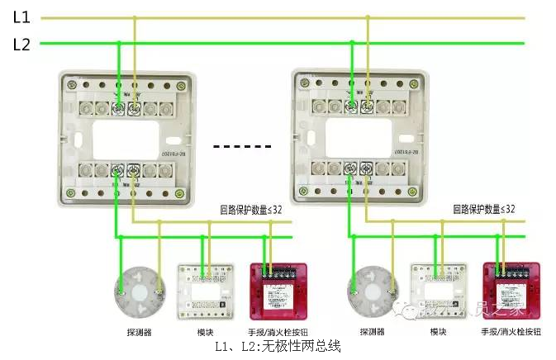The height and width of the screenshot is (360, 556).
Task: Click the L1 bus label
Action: tap(21, 17)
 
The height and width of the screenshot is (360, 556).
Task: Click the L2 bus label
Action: tap(21, 45)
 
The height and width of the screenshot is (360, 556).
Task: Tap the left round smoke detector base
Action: tap(136, 293)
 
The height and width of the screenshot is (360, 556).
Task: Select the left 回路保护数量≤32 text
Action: tap(250, 211)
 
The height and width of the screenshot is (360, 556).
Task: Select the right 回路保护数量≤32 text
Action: tap(484, 211)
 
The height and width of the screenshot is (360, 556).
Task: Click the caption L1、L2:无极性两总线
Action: tap(278, 347)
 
